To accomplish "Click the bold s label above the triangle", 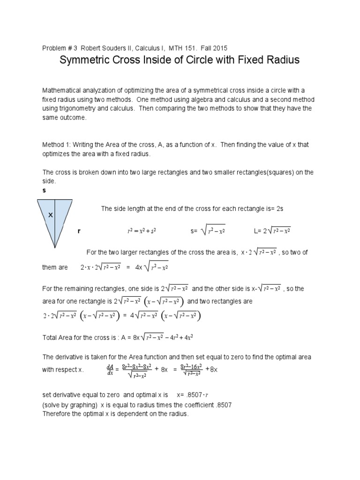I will click(44, 191).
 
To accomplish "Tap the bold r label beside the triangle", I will click(79, 231).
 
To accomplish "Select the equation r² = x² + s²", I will click(142, 231).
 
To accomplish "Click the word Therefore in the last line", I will click(58, 413).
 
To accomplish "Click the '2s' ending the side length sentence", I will click(280, 209).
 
